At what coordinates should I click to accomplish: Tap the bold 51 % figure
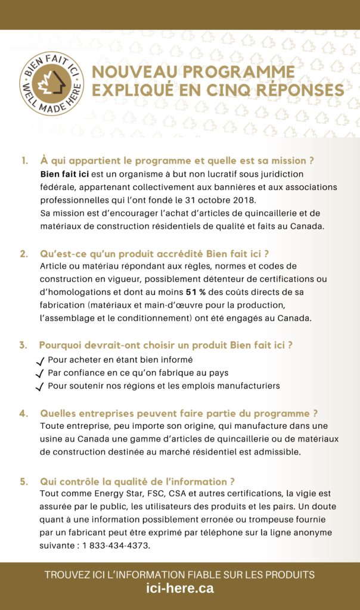[196, 292]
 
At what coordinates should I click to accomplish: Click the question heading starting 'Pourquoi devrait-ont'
[166, 345]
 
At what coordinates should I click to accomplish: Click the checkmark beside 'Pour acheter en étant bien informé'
[40, 361]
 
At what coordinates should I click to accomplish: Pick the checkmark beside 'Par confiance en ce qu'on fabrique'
[40, 374]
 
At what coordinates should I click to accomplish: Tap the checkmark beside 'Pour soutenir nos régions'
[40, 387]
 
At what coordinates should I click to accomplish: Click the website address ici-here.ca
[179, 589]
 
